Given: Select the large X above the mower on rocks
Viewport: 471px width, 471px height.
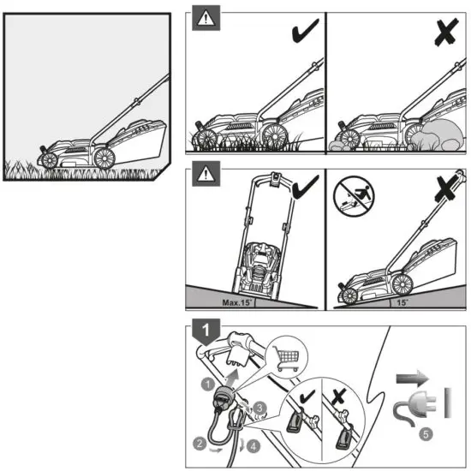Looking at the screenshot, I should [x=444, y=32].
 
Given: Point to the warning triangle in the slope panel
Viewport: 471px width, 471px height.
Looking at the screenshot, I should [x=202, y=175].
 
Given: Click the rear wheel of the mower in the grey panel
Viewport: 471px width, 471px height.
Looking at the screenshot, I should [x=105, y=157].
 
